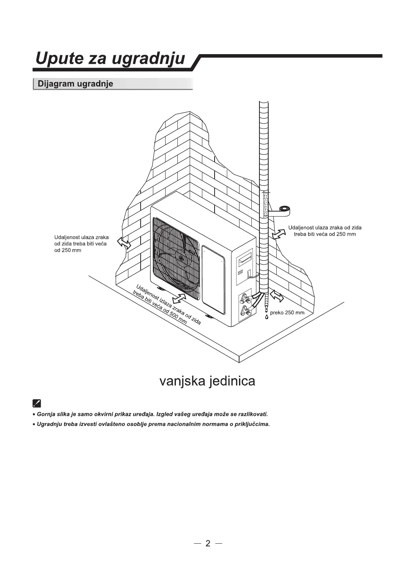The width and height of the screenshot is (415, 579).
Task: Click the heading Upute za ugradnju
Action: pos(110,59)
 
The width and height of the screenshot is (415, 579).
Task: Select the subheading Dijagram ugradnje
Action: pos(75,84)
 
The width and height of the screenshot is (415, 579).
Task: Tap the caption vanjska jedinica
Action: pos(207,381)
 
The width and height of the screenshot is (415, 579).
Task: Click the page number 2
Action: pos(208,543)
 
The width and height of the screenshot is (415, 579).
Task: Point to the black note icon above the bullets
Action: pos(37,403)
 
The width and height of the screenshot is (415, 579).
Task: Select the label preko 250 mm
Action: pos(287,313)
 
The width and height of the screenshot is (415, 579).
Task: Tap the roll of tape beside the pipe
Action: pos(284,209)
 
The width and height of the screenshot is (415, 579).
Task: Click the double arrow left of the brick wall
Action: pos(124,243)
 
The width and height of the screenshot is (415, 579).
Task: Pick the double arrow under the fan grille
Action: pos(179,299)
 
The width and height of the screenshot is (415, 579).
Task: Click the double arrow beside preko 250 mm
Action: pos(277,296)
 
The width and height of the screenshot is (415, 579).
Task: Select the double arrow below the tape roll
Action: pos(279,233)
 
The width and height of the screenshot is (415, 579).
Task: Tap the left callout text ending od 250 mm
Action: pos(81,244)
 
